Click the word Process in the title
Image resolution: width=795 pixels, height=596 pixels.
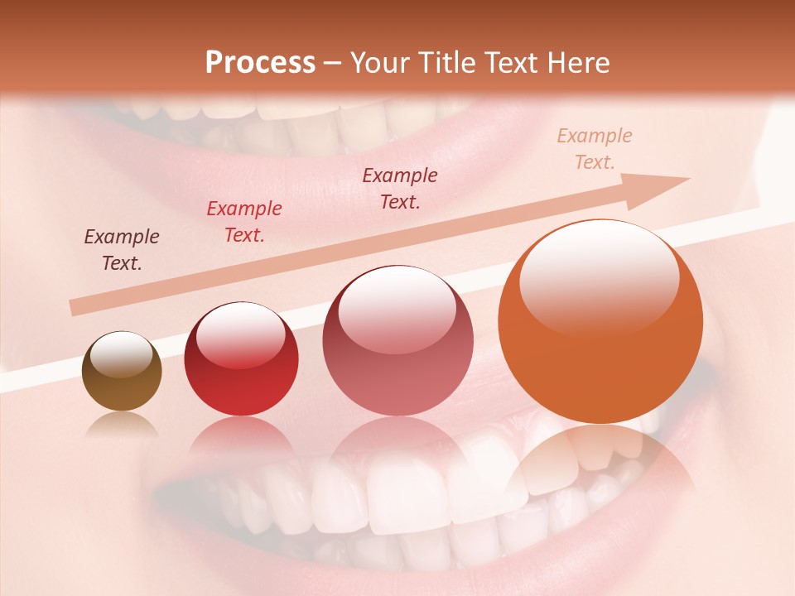coord(260,63)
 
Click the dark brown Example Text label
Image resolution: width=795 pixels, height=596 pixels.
coord(122,250)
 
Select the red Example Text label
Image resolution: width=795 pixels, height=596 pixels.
coord(244,222)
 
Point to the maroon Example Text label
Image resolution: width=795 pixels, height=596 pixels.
coord(400,189)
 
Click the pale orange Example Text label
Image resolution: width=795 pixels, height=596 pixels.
coord(595,149)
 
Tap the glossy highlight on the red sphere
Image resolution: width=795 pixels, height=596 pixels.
coord(240,335)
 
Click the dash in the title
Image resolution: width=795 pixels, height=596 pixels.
coord(333,63)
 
